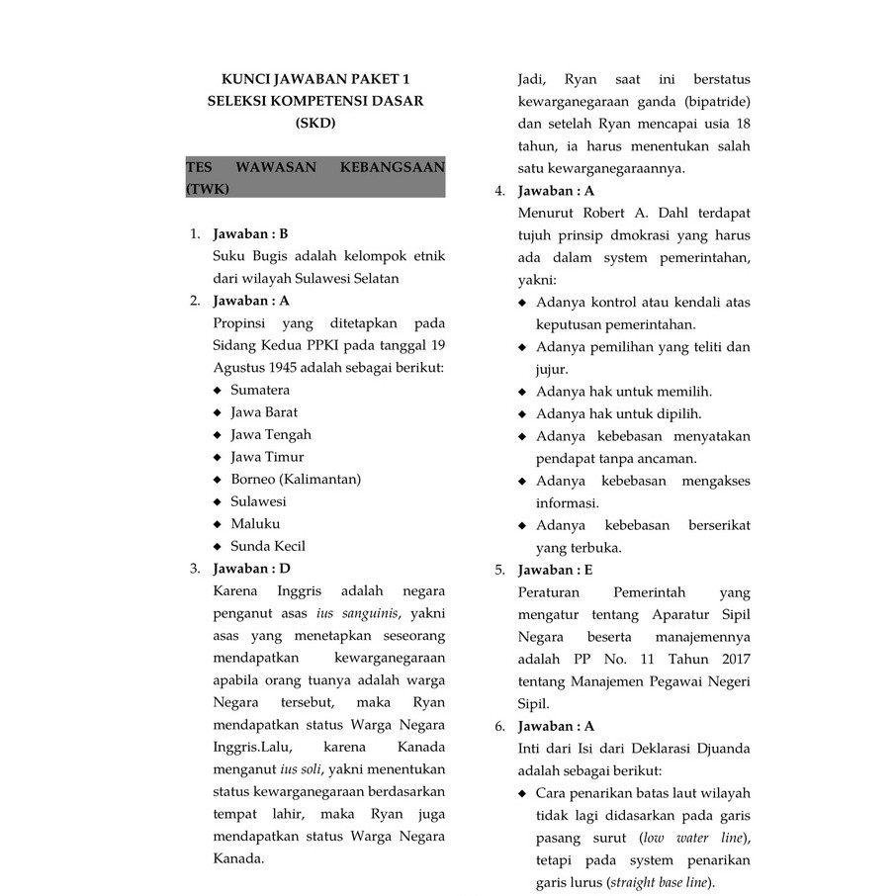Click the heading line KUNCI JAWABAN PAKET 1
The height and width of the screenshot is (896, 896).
314,79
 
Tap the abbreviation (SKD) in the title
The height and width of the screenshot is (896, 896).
315,124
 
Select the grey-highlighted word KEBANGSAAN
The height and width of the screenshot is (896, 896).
392,167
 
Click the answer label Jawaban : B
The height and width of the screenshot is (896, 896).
250,234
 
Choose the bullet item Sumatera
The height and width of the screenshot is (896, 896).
260,390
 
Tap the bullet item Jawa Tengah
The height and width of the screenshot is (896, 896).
271,434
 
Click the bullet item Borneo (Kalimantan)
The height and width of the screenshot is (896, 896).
296,479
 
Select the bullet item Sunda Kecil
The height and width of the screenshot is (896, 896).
268,546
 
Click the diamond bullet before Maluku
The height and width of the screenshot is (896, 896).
218,524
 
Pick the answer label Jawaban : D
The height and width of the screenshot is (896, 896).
251,569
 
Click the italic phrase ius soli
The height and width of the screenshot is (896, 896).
301,769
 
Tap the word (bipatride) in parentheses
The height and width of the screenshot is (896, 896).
716,101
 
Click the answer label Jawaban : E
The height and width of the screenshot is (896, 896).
556,570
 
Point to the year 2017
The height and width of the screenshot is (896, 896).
731,659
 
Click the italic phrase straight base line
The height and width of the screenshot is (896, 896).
661,882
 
